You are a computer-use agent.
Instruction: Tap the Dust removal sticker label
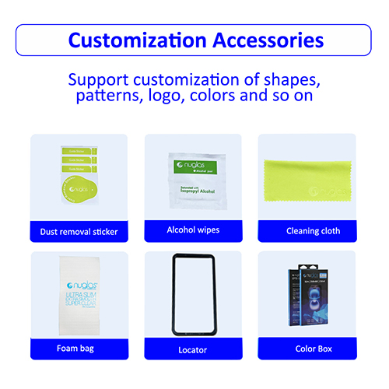pyautogui.click(x=79, y=231)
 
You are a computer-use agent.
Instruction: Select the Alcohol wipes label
pyautogui.click(x=193, y=230)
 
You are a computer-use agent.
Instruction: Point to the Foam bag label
pyautogui.click(x=79, y=349)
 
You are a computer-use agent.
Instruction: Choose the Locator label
pyautogui.click(x=193, y=349)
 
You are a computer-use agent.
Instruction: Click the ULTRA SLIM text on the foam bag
pyautogui.click(x=76, y=296)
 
